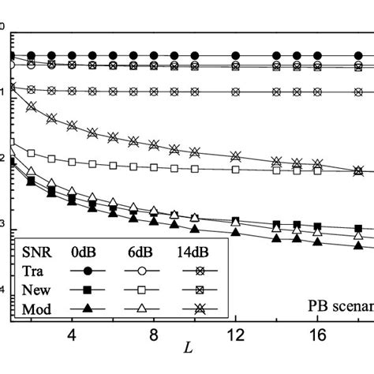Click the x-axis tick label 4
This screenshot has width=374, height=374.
(x=72, y=334)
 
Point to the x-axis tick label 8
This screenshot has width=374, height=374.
(x=153, y=334)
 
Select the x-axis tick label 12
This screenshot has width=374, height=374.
(x=235, y=334)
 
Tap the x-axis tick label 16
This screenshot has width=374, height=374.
(x=316, y=334)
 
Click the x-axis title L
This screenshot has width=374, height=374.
(x=193, y=348)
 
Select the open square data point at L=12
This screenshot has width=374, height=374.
(x=235, y=169)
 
